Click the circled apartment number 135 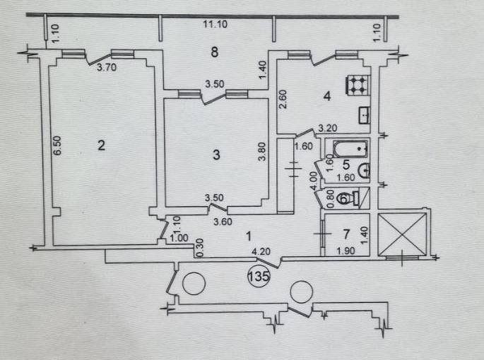pos(259,276)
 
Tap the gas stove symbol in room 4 pos(357,85)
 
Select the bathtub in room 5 pos(351,149)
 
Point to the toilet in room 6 pos(348,198)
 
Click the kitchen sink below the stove pos(365,115)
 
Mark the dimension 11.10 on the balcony pos(215,24)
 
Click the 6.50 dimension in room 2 pos(59,145)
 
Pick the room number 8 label pos(215,52)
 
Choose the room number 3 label pos(216,155)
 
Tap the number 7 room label pos(346,234)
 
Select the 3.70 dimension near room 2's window pos(107,67)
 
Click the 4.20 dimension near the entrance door pos(261,252)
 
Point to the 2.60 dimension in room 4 pos(283,99)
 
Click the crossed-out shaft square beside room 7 pos(402,235)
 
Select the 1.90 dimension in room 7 pos(346,251)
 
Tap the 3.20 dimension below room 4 pos(328,128)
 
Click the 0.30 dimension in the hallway pos(200,248)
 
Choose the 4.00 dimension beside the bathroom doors pos(314,181)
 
